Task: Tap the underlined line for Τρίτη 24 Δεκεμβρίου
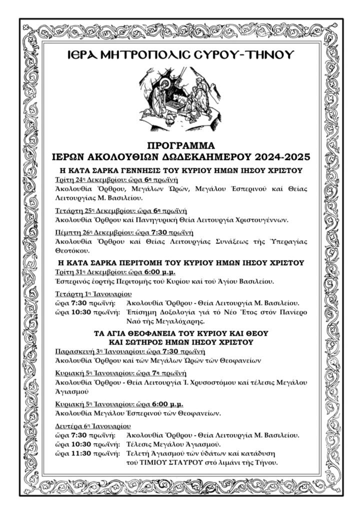(116, 179)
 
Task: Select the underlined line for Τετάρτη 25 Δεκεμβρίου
(121, 210)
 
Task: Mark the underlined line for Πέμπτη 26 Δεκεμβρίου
(123, 232)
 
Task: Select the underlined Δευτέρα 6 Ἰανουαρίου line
(92, 426)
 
